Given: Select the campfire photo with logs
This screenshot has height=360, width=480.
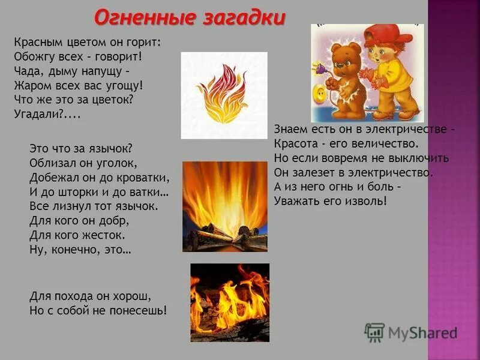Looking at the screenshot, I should (x=224, y=206).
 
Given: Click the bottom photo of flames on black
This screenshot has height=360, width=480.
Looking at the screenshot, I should (x=229, y=302).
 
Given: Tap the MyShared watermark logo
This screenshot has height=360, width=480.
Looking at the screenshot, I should (x=410, y=332).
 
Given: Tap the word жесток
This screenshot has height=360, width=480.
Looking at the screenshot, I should (x=104, y=235).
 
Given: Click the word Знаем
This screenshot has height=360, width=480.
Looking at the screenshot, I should (x=290, y=129).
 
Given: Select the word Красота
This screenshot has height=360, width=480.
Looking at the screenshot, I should (x=298, y=144).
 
